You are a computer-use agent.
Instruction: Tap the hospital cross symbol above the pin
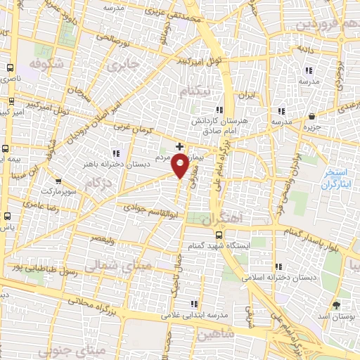point(180,146)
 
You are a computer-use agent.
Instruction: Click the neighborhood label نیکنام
point(195,92)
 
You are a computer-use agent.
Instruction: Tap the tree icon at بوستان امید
point(335,304)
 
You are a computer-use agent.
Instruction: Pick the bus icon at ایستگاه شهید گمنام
point(219,235)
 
